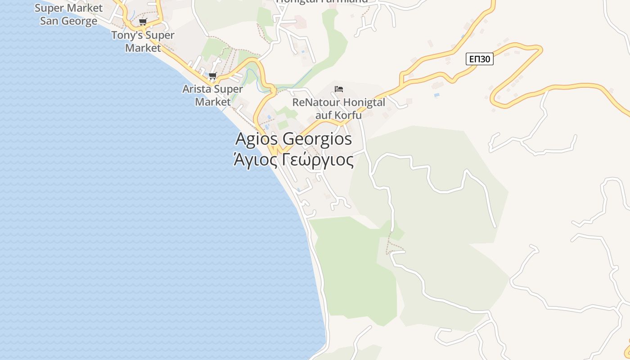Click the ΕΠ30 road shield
(479, 59)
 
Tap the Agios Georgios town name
(293, 139)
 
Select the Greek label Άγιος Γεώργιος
(293, 159)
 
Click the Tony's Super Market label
(143, 41)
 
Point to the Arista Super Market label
(212, 95)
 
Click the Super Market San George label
(68, 14)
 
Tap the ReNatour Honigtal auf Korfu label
(338, 108)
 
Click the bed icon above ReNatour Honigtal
(339, 89)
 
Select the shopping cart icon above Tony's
(143, 22)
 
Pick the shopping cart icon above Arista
(212, 76)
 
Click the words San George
(68, 21)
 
